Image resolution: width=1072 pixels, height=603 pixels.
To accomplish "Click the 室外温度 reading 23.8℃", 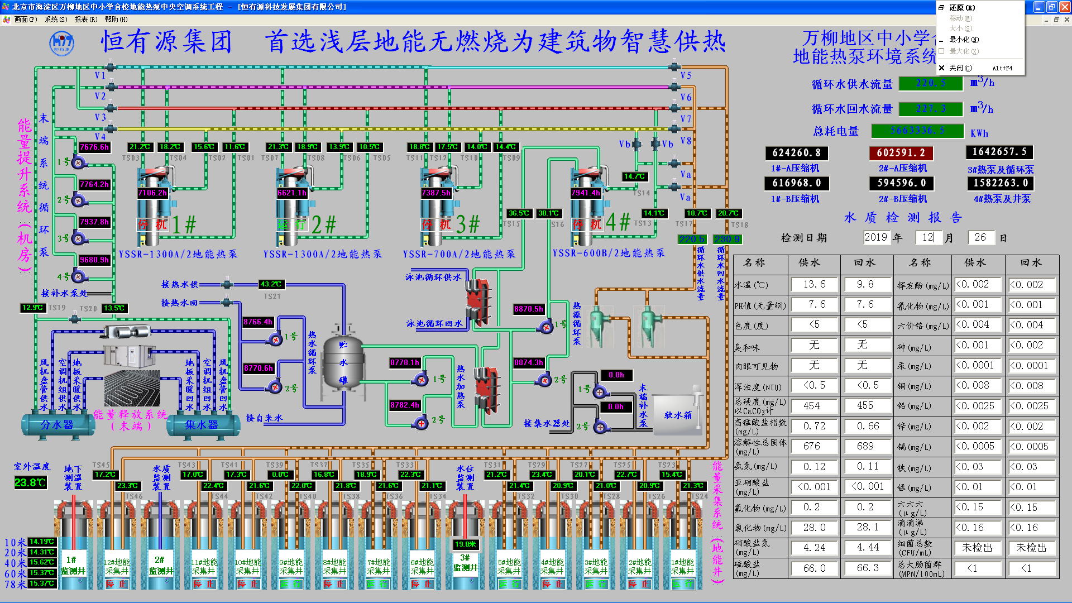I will pyautogui.click(x=30, y=482).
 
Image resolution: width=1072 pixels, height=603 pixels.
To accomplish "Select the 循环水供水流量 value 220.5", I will pyautogui.click(x=931, y=83).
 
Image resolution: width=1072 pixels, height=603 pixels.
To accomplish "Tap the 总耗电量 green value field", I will pyautogui.click(x=917, y=131).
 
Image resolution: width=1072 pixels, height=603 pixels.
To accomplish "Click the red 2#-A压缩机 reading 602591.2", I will pyautogui.click(x=901, y=152).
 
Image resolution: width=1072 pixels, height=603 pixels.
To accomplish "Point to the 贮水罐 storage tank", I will pyautogui.click(x=343, y=363).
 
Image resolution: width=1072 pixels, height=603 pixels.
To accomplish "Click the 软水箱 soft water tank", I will pyautogui.click(x=677, y=415).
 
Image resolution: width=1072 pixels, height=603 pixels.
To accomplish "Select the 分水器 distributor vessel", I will pyautogui.click(x=57, y=425).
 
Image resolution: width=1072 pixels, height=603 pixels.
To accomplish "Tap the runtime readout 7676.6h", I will pyautogui.click(x=94, y=147).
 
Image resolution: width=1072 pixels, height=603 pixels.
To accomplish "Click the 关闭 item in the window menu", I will pyautogui.click(x=960, y=68).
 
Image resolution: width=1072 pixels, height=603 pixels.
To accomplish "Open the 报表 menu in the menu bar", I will pyautogui.click(x=85, y=20).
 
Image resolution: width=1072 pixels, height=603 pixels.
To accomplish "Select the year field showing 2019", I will pyautogui.click(x=875, y=237).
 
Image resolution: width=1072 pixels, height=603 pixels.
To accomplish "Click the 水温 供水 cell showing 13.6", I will pyautogui.click(x=814, y=285).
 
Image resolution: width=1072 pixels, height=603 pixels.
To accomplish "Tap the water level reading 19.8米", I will pyautogui.click(x=465, y=544).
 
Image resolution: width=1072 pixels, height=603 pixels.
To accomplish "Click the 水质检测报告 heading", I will pyautogui.click(x=903, y=218).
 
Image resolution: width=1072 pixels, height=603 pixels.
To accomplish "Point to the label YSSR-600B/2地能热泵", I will pyautogui.click(x=609, y=253).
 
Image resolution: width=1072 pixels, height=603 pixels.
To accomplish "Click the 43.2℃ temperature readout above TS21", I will pyautogui.click(x=271, y=284).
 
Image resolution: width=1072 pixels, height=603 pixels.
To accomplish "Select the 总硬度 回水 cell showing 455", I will pyautogui.click(x=865, y=406).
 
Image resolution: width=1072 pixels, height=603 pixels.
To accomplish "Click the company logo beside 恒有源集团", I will pyautogui.click(x=61, y=43).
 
